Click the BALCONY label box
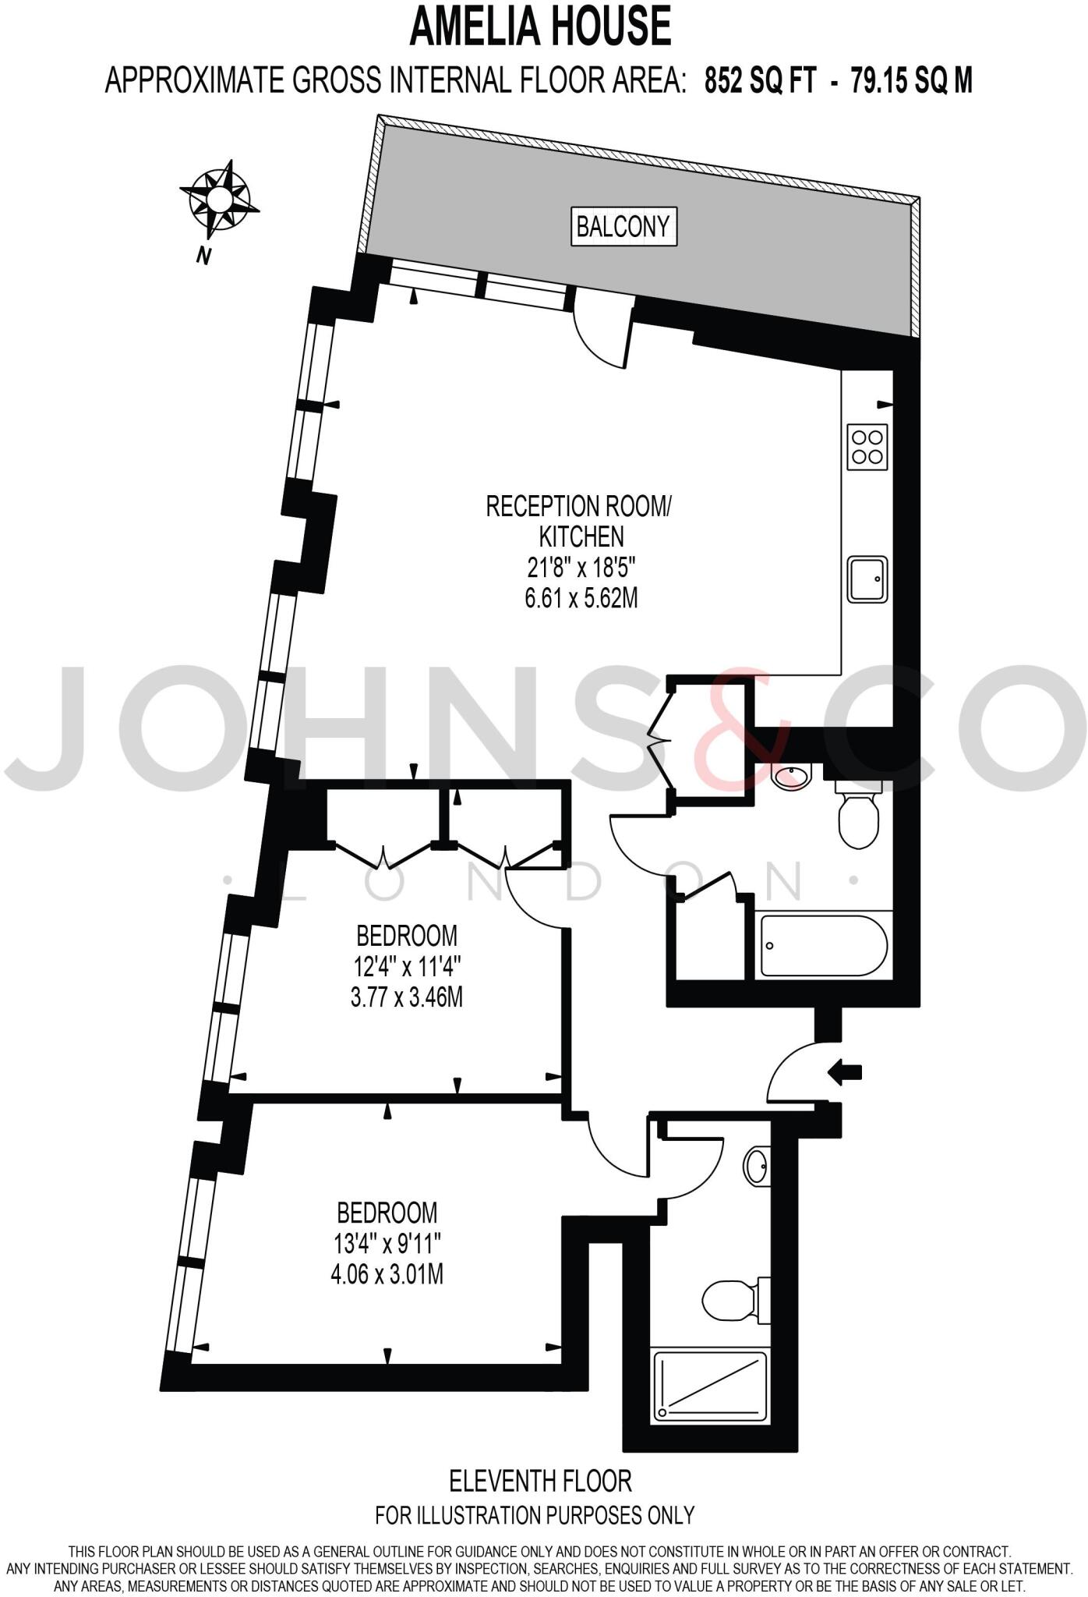[x=623, y=226]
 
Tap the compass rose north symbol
[x=217, y=200]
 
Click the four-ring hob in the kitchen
[x=867, y=447]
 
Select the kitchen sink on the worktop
[x=867, y=579]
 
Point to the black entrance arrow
[x=845, y=1073]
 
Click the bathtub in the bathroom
[x=824, y=945]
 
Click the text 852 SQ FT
[x=760, y=80]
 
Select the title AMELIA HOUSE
[x=540, y=27]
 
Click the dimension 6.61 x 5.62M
[x=581, y=598]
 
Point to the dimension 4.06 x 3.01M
[x=387, y=1275]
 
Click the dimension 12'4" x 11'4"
[x=407, y=967]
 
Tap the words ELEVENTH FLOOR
[x=540, y=1479]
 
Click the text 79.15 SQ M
[x=911, y=80]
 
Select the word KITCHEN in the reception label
[x=581, y=536]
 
